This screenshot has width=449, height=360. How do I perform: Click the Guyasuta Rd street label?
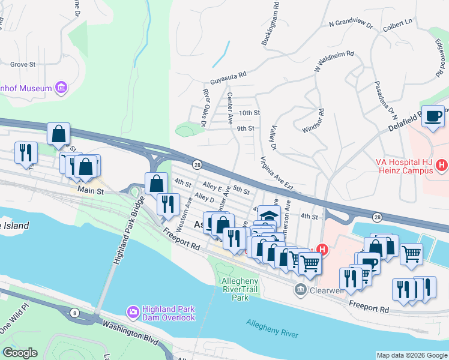[x=228, y=76]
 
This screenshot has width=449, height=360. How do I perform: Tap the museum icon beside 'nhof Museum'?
[x=61, y=89]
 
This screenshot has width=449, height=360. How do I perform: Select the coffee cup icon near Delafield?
[x=433, y=116]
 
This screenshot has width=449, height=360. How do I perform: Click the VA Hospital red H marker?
[x=442, y=164]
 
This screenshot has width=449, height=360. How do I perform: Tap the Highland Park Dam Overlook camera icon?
[x=133, y=312]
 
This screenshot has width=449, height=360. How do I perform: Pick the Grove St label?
[x=23, y=64]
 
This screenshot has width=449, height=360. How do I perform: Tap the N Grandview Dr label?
[x=351, y=25]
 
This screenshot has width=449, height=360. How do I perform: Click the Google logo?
[x=20, y=353]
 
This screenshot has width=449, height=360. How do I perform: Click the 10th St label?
[x=249, y=113]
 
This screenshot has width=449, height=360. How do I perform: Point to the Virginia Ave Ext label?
[x=277, y=173]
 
